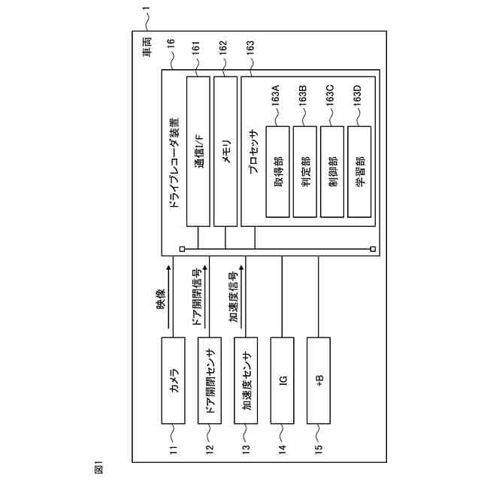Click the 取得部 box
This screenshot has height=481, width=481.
click(x=279, y=171)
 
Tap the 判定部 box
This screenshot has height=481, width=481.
click(x=306, y=171)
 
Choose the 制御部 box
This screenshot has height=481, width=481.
click(x=333, y=171)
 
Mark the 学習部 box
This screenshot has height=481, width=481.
click(x=360, y=171)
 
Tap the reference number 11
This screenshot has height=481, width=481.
click(x=174, y=451)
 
